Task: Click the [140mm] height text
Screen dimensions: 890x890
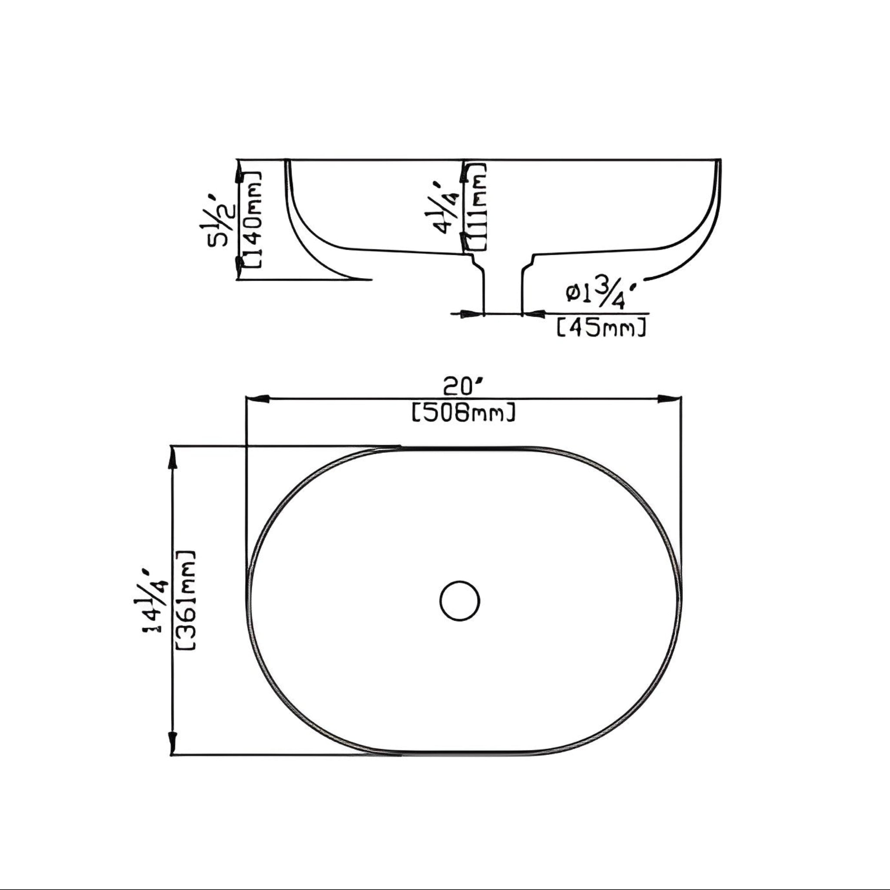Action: click(253, 219)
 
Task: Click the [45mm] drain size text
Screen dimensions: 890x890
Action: click(601, 329)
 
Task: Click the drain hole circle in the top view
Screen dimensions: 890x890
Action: click(459, 600)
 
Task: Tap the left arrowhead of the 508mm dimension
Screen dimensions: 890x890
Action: click(256, 399)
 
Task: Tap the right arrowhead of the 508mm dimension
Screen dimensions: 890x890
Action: click(670, 399)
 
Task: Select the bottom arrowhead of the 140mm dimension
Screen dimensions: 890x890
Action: click(239, 268)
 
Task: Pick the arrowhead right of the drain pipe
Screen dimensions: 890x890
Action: click(532, 314)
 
